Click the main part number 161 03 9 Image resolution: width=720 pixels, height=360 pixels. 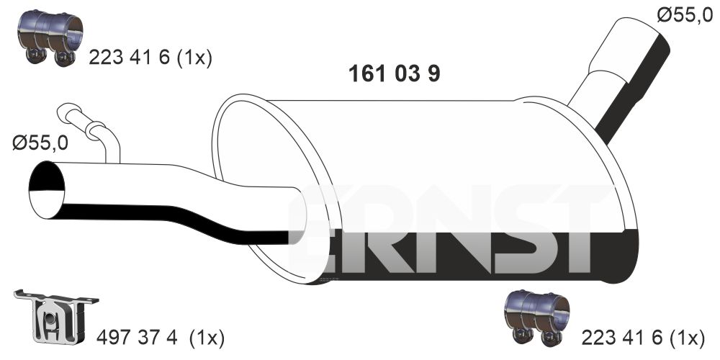394,73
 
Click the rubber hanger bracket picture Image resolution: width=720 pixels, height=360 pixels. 55,318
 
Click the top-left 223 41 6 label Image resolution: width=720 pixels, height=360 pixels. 129,58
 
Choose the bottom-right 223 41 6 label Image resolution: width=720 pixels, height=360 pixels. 622,338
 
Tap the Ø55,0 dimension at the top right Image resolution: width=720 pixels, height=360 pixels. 685,16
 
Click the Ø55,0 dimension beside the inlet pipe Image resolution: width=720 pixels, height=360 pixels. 40,144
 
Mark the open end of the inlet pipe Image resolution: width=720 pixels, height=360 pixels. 46,189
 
